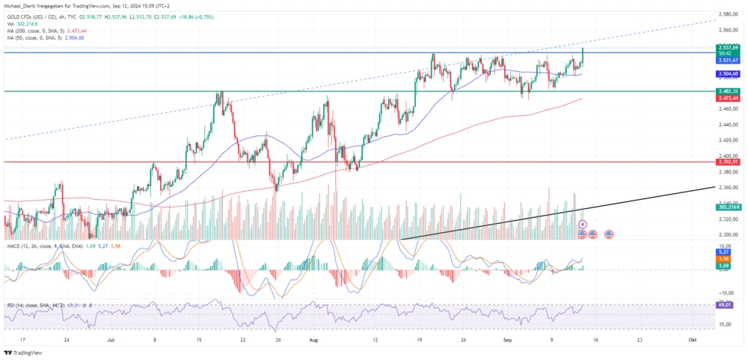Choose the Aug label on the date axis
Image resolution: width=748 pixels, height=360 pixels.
click(313, 339)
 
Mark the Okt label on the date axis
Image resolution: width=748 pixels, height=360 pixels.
click(693, 339)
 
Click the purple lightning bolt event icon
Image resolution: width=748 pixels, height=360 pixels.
click(583, 224)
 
